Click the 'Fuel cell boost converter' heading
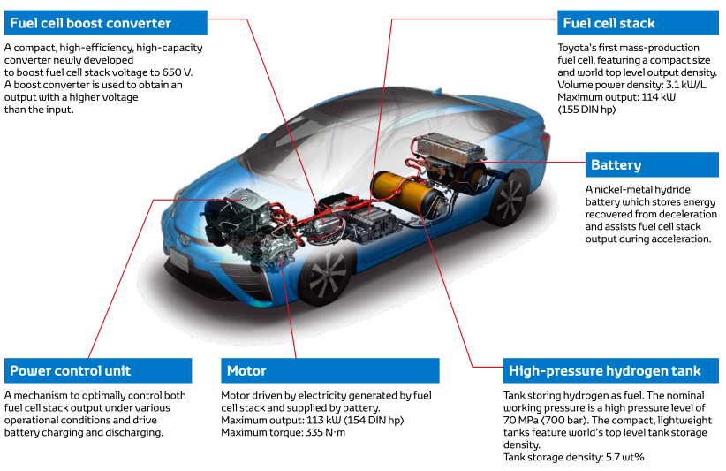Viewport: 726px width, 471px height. [x=90, y=22]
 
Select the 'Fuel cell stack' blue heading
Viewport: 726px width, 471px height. [x=609, y=22]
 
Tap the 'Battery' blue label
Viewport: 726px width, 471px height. [x=616, y=164]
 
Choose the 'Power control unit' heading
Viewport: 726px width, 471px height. [x=70, y=370]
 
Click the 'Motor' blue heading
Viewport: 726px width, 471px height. [x=246, y=370]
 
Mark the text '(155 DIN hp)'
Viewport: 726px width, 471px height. [x=586, y=110]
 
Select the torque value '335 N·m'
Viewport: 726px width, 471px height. [x=321, y=432]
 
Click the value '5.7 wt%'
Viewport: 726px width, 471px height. [x=622, y=457]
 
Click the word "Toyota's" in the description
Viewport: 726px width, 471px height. [x=580, y=48]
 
